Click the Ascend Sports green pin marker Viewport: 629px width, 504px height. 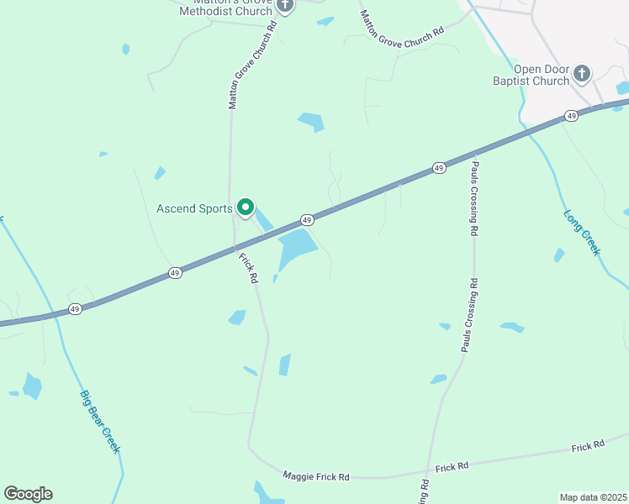tap(246, 206)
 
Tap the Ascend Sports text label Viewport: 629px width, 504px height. tap(194, 208)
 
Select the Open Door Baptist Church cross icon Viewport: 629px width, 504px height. tap(581, 76)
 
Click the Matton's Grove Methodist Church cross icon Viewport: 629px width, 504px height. tap(285, 6)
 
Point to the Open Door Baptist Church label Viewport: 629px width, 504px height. tap(531, 75)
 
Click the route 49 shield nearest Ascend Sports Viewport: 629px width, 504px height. tap(307, 220)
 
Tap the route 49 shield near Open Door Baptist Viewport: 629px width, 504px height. tap(571, 115)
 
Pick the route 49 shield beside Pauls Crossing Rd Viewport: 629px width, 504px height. tap(439, 169)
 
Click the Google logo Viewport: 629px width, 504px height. tap(28, 494)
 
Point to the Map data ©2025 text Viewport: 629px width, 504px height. tap(593, 497)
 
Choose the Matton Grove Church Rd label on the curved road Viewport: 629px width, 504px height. tap(402, 24)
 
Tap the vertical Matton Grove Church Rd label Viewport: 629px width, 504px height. tap(251, 66)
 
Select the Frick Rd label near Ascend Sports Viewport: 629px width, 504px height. tap(247, 268)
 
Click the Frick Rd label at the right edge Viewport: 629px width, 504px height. tap(589, 447)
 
